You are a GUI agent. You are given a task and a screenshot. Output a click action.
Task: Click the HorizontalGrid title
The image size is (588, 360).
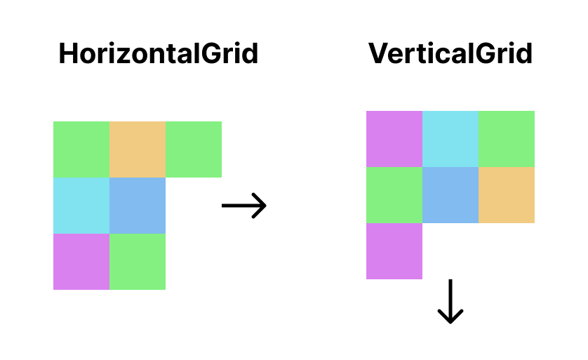(x=158, y=54)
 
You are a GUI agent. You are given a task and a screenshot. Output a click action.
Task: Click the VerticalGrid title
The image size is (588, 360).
(x=450, y=54)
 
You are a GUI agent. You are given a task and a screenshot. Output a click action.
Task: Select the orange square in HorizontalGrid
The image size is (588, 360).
(x=138, y=149)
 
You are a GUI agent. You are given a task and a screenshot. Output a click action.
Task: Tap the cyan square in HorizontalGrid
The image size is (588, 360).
(x=81, y=206)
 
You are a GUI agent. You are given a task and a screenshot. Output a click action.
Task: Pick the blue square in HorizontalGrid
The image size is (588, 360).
(x=138, y=206)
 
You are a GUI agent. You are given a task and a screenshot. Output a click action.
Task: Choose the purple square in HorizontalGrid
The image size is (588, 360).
(x=81, y=262)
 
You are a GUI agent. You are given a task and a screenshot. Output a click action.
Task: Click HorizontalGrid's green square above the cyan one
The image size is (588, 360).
(x=81, y=149)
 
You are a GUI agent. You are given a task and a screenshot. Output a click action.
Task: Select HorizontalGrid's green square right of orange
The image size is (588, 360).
(x=194, y=149)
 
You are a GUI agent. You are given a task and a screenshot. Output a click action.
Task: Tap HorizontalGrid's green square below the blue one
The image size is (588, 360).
(x=138, y=262)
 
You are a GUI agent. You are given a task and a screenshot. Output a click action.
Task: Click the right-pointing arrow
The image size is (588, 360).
(x=244, y=206)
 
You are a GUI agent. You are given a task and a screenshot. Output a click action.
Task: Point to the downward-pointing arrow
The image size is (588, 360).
(x=450, y=302)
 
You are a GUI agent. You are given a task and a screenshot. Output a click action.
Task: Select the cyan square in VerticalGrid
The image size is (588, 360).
(x=450, y=139)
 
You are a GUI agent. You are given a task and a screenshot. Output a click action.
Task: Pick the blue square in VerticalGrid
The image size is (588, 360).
(x=450, y=195)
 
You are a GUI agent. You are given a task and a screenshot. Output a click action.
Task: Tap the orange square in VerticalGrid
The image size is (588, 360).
(x=507, y=195)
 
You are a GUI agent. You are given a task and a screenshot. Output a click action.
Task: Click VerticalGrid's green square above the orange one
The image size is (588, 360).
(x=507, y=139)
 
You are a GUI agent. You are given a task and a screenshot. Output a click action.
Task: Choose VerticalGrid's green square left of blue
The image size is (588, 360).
(x=394, y=195)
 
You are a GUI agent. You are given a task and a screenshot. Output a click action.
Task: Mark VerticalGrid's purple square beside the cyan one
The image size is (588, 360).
(x=394, y=139)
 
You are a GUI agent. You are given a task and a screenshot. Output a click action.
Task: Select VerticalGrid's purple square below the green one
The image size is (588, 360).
(x=394, y=251)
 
